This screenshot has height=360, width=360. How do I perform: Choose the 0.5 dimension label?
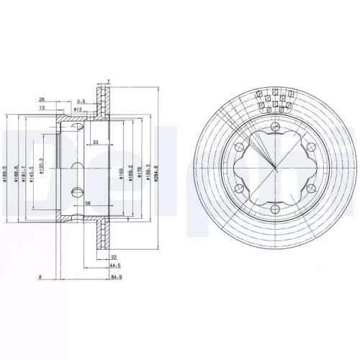(82, 102)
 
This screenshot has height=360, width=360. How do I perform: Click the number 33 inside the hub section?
(96, 143)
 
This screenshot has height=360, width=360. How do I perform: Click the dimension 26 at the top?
(42, 100)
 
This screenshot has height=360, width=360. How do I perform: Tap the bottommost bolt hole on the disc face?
(276, 214)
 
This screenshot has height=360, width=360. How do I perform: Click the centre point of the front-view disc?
(276, 171)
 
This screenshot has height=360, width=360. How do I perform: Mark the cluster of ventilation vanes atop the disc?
(276, 102)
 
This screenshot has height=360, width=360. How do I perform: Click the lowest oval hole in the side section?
(78, 191)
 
